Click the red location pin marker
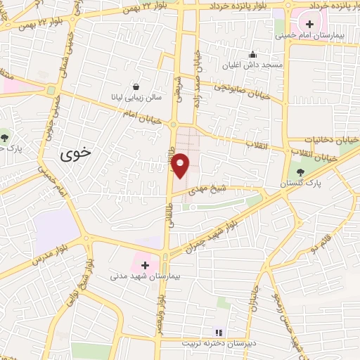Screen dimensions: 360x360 [181, 166]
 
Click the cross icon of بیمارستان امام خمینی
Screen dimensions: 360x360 [310, 25]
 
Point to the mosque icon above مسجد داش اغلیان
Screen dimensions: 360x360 [253, 55]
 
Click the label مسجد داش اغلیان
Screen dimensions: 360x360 [253, 66]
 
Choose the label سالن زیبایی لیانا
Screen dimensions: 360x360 [134, 98]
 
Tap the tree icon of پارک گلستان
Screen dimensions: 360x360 [300, 172]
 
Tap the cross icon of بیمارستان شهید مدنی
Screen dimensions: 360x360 [145, 265]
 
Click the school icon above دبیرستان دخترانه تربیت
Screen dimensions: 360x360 [217, 332]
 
